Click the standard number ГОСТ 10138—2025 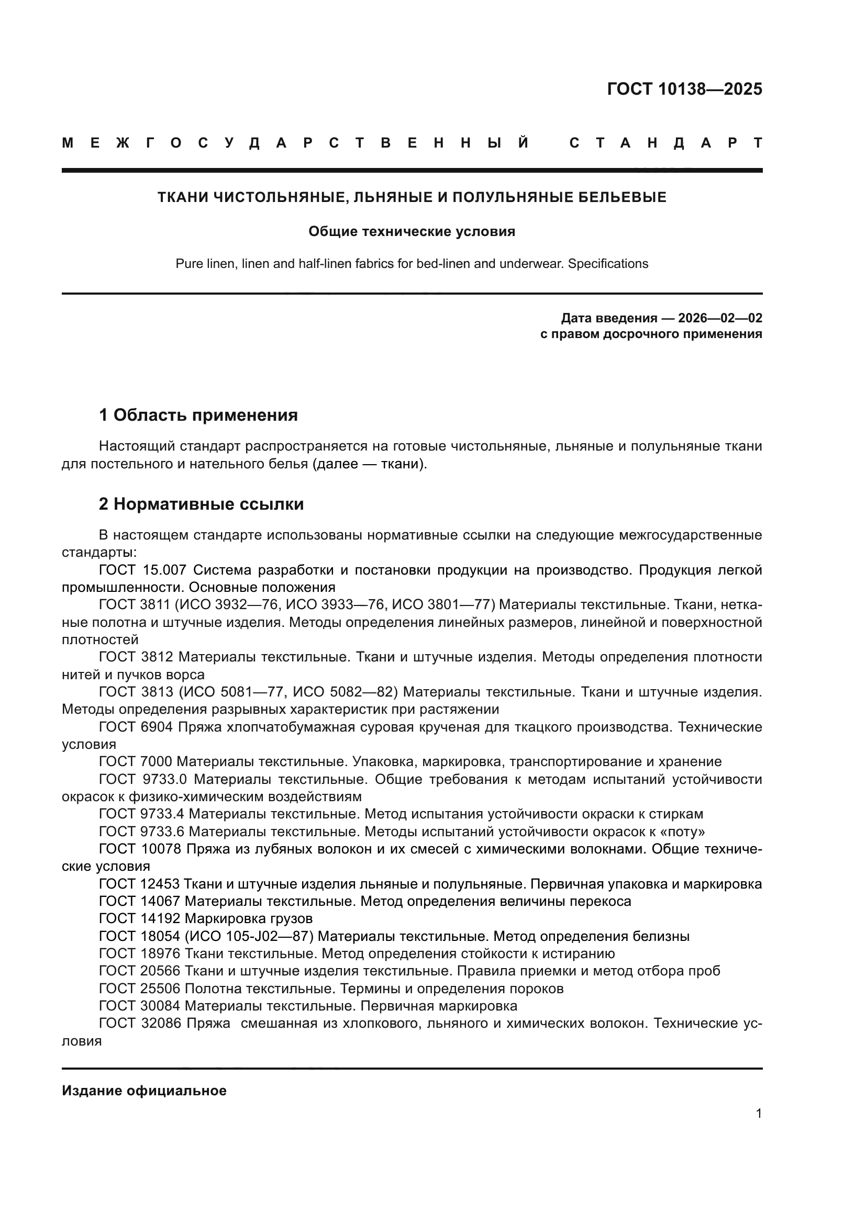point(684,88)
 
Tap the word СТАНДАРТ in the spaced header point(665,143)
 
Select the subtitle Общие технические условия point(412,231)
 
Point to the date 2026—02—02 point(720,318)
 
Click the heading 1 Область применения point(198,415)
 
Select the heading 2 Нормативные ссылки point(201,504)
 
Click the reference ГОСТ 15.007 point(142,570)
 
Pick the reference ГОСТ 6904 point(136,727)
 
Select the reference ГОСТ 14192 point(140,918)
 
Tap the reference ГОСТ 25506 point(140,989)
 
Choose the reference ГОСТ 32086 point(140,1023)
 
